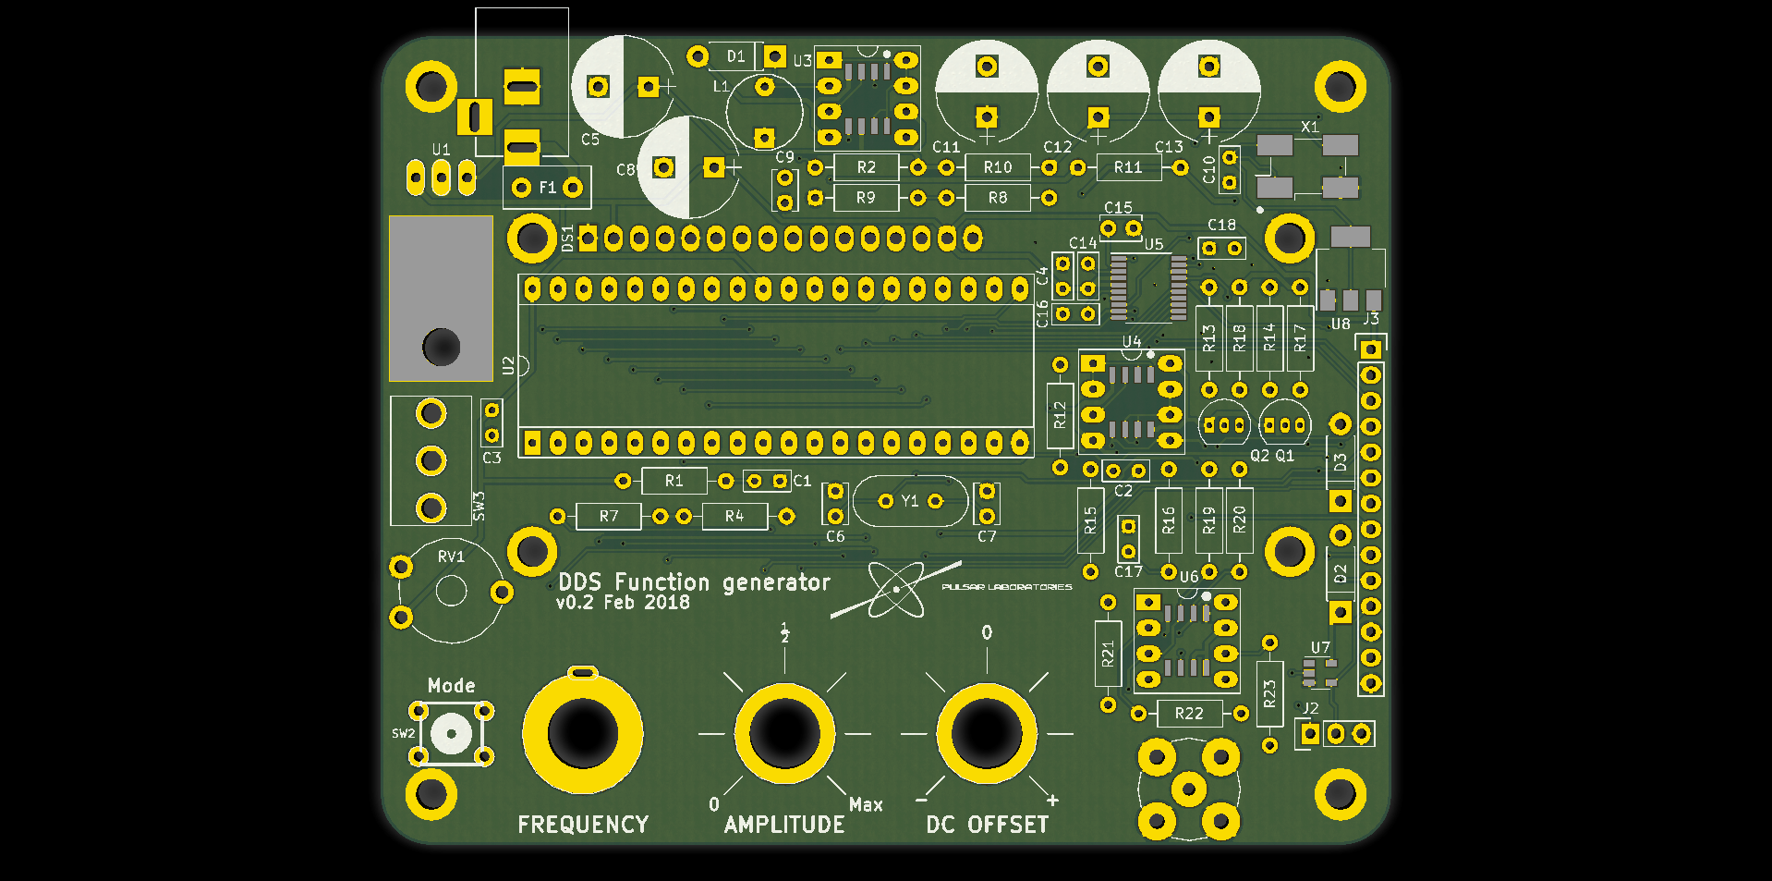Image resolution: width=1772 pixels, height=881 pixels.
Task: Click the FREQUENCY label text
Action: click(583, 825)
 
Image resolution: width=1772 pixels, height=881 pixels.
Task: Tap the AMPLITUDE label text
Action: click(784, 825)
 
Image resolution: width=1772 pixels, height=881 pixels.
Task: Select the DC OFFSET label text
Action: click(987, 825)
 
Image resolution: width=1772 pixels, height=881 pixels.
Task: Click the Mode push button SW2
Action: click(451, 734)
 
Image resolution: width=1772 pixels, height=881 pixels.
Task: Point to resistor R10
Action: click(998, 167)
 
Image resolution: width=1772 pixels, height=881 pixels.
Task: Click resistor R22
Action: click(1189, 714)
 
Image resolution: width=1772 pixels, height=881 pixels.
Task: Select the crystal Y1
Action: click(910, 501)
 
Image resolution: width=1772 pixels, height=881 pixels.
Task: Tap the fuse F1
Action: click(547, 188)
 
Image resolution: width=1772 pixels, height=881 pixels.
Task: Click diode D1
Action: click(735, 56)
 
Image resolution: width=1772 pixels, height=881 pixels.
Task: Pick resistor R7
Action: click(608, 516)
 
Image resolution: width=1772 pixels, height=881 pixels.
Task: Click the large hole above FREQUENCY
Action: click(582, 734)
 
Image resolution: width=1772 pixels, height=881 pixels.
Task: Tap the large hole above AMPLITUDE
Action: click(784, 734)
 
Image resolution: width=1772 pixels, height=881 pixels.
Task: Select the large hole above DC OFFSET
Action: click(987, 734)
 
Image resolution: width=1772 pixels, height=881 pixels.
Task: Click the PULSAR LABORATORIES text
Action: click(1007, 587)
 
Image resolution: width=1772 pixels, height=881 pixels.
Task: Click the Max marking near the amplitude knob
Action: click(866, 805)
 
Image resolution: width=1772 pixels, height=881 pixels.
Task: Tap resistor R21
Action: click(1108, 654)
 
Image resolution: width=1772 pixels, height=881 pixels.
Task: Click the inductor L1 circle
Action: click(764, 112)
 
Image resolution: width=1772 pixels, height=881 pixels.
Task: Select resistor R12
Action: click(1060, 416)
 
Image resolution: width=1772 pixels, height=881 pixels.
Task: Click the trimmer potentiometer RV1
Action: click(451, 590)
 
